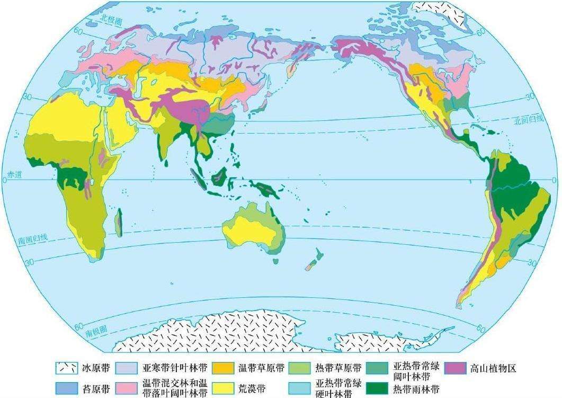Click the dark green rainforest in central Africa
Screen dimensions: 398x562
pyautogui.click(x=72, y=174)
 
